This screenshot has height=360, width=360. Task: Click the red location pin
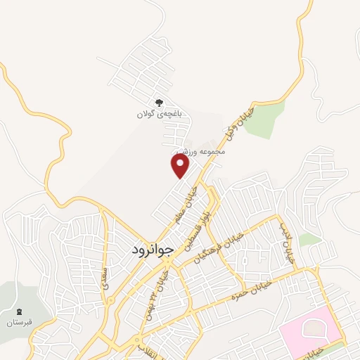[x=181, y=166]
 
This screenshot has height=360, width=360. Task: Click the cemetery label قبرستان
[x=20, y=323]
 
